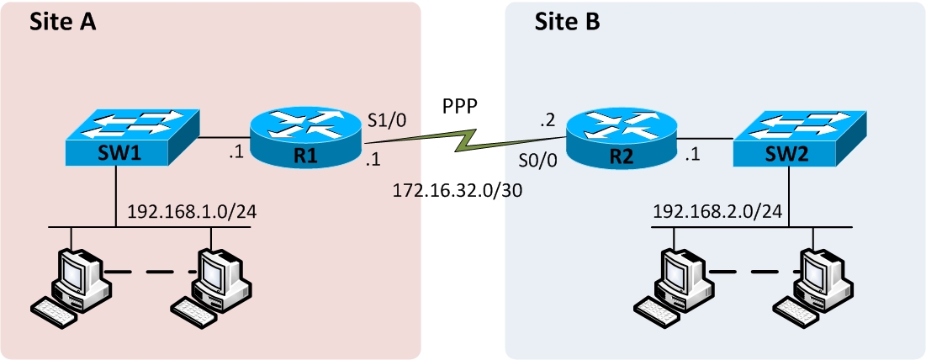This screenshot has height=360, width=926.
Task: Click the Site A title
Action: [62, 22]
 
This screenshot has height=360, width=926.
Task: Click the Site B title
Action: [568, 22]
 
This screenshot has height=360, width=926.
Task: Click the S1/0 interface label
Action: [388, 119]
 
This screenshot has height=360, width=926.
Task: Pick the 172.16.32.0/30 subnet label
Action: [458, 191]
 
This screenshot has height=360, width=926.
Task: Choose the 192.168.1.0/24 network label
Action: [191, 211]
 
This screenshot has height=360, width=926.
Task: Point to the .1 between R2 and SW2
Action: [694, 155]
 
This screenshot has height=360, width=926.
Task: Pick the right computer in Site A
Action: [215, 284]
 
